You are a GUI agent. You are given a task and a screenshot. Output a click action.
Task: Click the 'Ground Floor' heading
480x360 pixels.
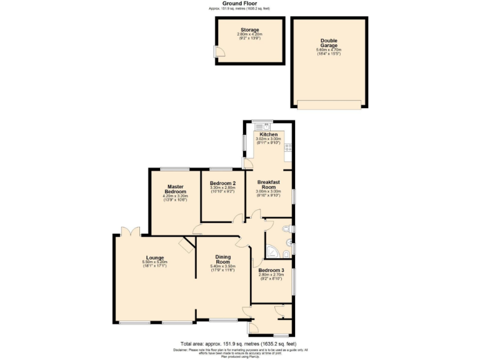coord(241,3)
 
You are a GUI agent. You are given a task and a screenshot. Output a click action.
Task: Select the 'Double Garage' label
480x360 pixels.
coord(329,43)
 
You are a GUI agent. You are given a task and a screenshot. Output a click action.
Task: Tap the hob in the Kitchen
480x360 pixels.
coord(288,148)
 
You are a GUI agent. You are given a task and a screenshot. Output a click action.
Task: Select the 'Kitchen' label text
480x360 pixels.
coord(269,134)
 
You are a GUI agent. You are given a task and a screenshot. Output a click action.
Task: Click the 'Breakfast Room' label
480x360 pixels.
coord(269,185)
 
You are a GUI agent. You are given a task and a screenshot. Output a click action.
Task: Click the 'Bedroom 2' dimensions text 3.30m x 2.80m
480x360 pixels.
coord(222,187)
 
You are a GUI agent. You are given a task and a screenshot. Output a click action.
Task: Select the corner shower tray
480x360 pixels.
coord(273,252)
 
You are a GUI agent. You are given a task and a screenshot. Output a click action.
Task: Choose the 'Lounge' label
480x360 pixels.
coord(154,257)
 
